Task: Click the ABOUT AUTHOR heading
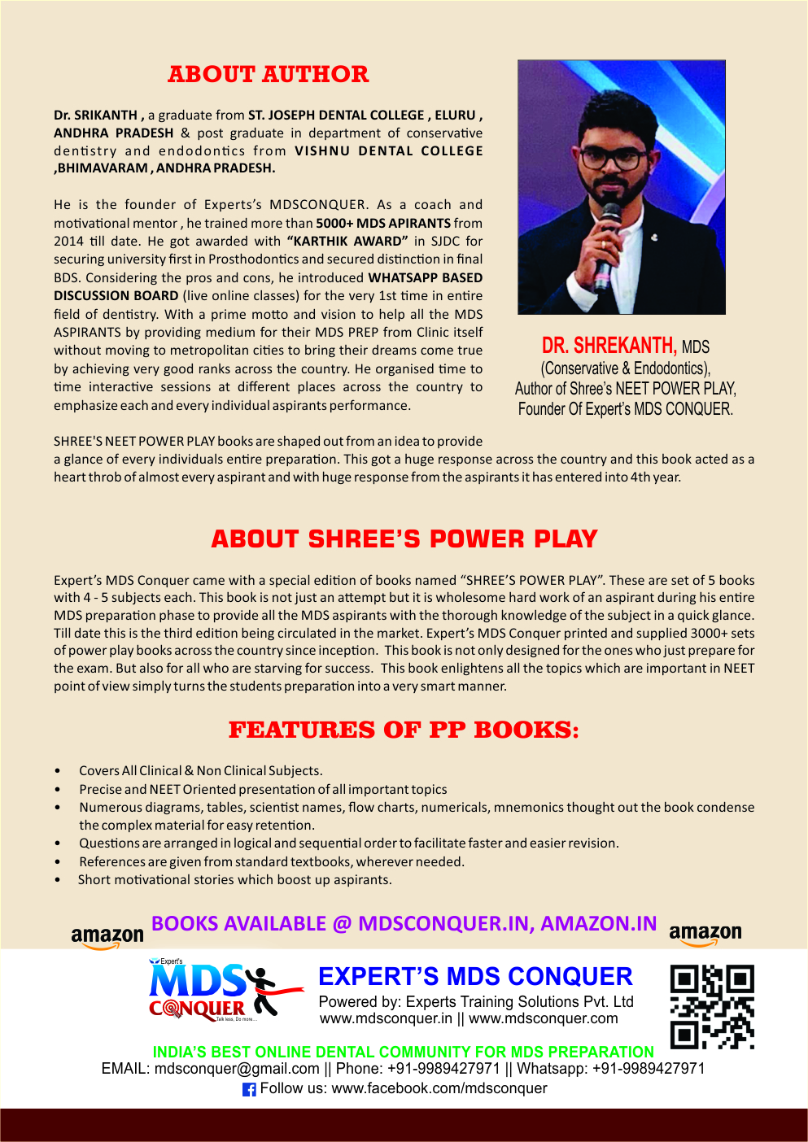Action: pyautogui.click(x=268, y=74)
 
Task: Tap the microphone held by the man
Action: pyautogui.click(x=607, y=243)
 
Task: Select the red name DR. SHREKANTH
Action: pyautogui.click(x=609, y=346)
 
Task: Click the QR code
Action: pyautogui.click(x=712, y=1006)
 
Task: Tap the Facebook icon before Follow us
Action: pyautogui.click(x=249, y=1089)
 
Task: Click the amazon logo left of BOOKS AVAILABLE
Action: pyautogui.click(x=107, y=937)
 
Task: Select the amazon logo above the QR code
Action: pyautogui.click(x=705, y=934)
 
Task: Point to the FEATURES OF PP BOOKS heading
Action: pyautogui.click(x=404, y=730)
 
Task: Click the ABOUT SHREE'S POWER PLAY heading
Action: pyautogui.click(x=404, y=538)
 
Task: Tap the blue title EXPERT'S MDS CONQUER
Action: pyautogui.click(x=475, y=976)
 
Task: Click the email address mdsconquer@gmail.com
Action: pyautogui.click(x=237, y=1068)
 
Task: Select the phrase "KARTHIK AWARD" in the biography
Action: pyautogui.click(x=347, y=241)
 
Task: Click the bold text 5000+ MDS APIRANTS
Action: pyautogui.click(x=382, y=223)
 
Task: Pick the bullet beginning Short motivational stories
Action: pyautogui.click(x=235, y=879)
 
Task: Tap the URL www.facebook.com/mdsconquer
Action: pyautogui.click(x=439, y=1088)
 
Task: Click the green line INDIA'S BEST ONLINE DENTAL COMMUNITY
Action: pyautogui.click(x=403, y=1052)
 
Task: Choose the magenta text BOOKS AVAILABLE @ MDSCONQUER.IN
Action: pyautogui.click(x=404, y=923)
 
